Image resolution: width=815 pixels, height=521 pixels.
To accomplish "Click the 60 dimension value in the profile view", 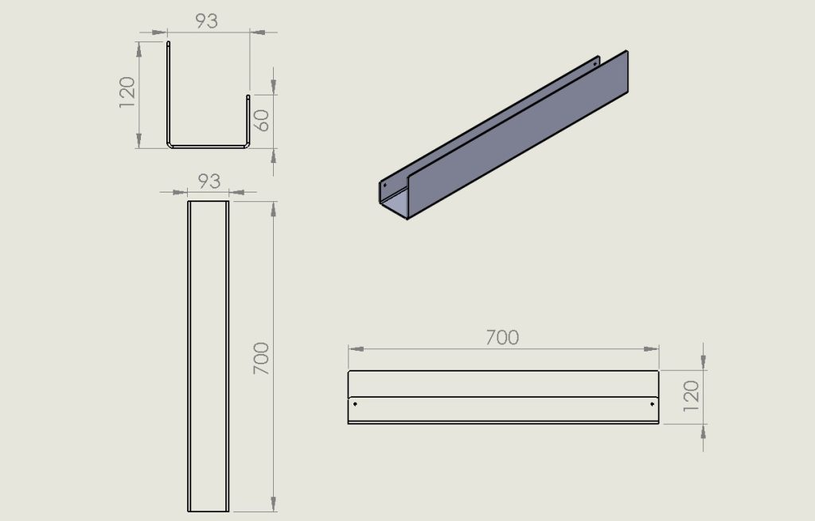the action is pos(263,121).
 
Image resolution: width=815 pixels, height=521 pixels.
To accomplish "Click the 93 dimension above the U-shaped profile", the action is pos(206,21).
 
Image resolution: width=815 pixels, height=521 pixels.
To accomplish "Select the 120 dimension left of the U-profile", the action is pos(127,92).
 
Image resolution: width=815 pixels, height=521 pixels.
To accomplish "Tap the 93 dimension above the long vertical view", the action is pos(209,181).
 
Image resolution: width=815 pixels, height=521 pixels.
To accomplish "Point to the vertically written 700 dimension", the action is pos(261,359).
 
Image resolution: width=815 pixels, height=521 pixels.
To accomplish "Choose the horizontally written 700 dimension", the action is pos(502,337).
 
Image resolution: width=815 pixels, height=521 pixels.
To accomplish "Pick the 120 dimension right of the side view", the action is pos(692,396).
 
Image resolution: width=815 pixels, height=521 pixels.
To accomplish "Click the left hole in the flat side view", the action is pos(355,403).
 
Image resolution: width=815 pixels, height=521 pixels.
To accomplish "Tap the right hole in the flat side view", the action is pos(653,403).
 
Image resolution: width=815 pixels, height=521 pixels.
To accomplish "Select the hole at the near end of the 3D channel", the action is pos(385,185).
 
